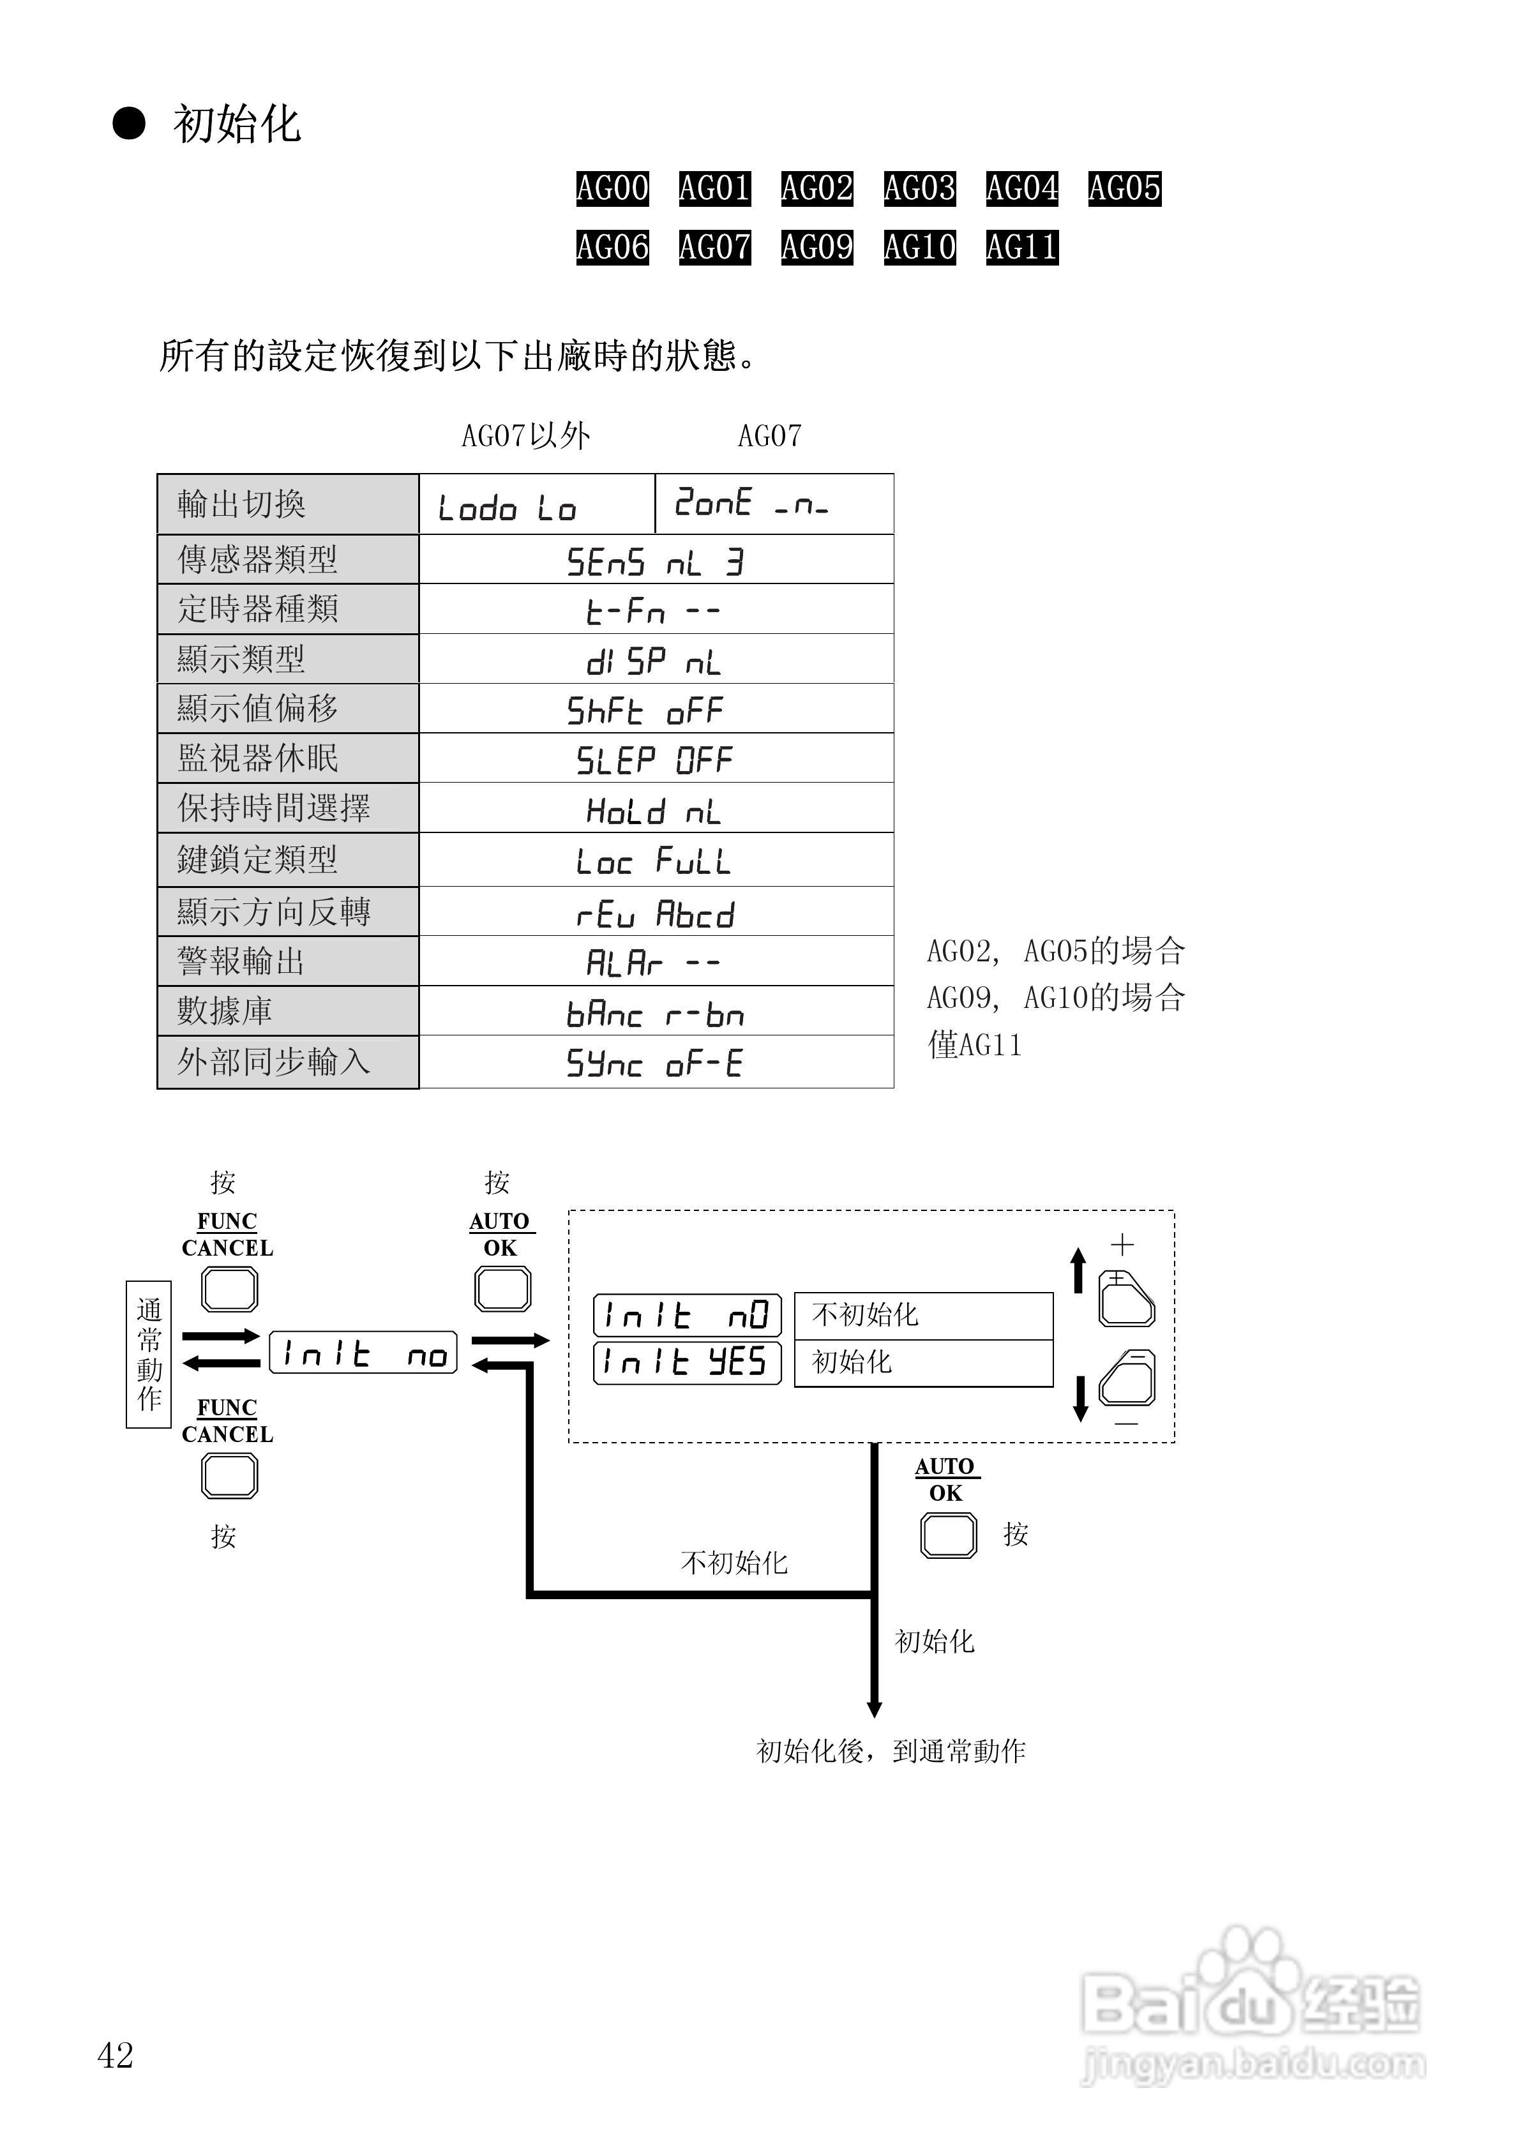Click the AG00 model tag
[x=612, y=188]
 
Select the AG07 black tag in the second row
[x=714, y=247]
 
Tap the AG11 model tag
[x=1022, y=247]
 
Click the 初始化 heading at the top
[x=236, y=124]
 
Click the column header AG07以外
[x=525, y=435]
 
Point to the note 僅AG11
[x=974, y=1044]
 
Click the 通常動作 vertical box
[x=148, y=1354]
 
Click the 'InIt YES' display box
[x=686, y=1362]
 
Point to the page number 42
[x=115, y=2056]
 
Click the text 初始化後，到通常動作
[x=891, y=1751]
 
